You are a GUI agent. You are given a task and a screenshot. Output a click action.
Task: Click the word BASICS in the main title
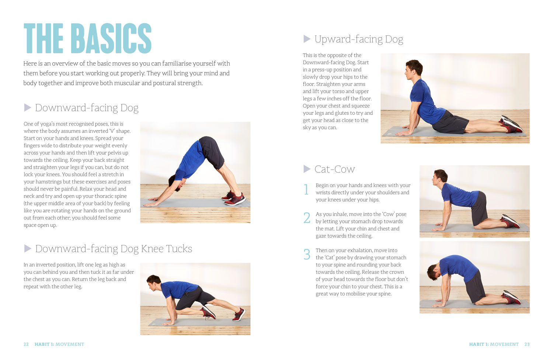[111, 38]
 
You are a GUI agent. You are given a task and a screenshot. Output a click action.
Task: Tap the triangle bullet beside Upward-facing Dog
[307, 39]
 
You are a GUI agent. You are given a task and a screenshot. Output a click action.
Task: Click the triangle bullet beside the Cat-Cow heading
[307, 169]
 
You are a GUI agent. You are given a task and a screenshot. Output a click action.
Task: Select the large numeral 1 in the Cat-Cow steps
[306, 189]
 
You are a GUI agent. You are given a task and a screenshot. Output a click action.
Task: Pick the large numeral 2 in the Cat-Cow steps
[307, 218]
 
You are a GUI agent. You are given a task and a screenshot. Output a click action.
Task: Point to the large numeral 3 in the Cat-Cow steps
[307, 254]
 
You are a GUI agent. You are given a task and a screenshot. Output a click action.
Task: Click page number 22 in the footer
[26, 344]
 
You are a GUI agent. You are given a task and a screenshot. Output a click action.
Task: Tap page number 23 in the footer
[527, 344]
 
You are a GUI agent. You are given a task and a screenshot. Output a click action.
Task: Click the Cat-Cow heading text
[334, 169]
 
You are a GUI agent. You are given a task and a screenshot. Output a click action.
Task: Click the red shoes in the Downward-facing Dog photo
[233, 198]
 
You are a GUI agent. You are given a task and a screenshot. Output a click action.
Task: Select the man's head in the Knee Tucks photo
[154, 283]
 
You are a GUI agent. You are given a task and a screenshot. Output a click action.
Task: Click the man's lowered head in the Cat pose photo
[435, 272]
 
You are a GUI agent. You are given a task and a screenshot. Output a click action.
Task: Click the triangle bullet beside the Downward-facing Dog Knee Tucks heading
[28, 249]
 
